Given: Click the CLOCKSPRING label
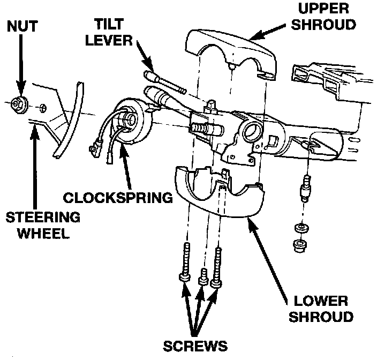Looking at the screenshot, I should [x=118, y=197].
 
